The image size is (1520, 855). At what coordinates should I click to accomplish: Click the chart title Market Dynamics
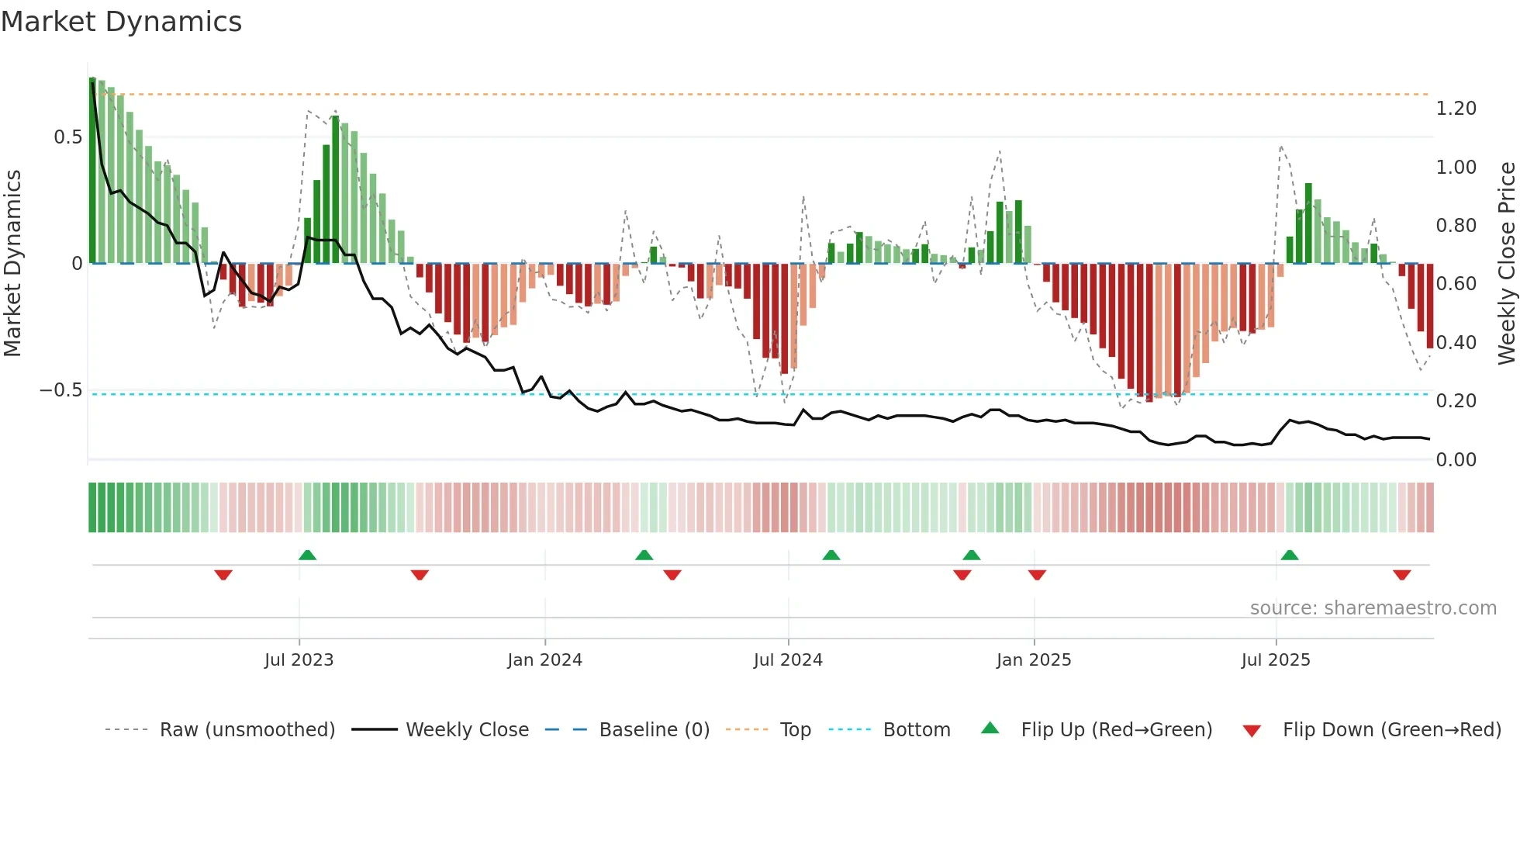(x=122, y=22)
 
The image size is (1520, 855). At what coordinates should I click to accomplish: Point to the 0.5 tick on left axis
(x=67, y=137)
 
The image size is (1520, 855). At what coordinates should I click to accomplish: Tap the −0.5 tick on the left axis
(x=61, y=390)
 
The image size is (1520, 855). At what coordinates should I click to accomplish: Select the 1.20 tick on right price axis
(x=1456, y=109)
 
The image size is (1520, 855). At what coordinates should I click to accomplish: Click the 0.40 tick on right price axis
(x=1456, y=343)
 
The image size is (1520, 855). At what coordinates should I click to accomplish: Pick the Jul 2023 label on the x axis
(x=299, y=660)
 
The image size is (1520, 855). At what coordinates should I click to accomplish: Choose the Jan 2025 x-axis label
(x=1033, y=660)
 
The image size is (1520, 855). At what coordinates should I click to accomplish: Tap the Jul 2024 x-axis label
(x=787, y=660)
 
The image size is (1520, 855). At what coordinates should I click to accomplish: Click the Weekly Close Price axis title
(x=1506, y=264)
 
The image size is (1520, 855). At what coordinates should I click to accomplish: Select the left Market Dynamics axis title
(x=12, y=264)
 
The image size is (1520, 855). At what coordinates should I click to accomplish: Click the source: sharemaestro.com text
(x=1373, y=608)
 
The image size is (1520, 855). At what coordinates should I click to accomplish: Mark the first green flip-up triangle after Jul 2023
(x=307, y=555)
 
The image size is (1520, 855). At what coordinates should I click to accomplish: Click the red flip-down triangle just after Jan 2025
(x=1037, y=575)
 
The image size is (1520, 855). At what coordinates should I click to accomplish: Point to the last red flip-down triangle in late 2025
(x=1401, y=575)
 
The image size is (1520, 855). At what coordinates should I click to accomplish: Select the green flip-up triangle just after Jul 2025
(x=1289, y=555)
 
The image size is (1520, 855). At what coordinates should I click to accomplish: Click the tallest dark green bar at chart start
(x=92, y=171)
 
